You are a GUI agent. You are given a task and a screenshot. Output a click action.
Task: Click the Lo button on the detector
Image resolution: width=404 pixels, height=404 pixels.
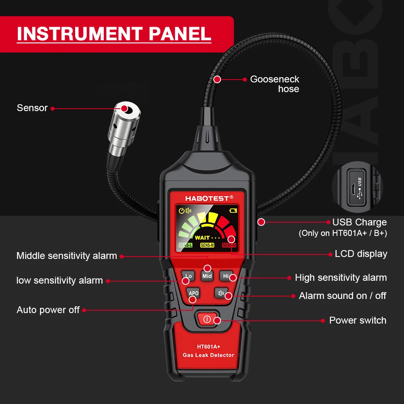pyautogui.click(x=188, y=276)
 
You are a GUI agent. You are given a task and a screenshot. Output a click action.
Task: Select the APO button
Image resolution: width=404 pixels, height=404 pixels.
pyautogui.click(x=194, y=293)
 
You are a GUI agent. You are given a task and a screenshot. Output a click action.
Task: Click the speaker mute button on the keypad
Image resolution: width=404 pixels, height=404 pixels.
pyautogui.click(x=221, y=293)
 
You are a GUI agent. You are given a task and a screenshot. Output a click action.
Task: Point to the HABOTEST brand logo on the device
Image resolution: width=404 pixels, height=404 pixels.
pyautogui.click(x=209, y=198)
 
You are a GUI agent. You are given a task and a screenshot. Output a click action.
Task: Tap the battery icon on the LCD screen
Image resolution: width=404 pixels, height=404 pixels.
pyautogui.click(x=234, y=210)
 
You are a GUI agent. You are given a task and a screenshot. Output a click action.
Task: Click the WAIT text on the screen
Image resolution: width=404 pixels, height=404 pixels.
pyautogui.click(x=202, y=238)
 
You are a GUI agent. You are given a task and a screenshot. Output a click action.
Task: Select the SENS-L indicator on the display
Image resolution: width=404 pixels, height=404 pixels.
pyautogui.click(x=185, y=245)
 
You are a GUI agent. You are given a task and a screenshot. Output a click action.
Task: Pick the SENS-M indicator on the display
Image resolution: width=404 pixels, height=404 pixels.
pyautogui.click(x=207, y=245)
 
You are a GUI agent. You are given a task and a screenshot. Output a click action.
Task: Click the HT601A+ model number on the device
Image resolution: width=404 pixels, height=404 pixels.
pyautogui.click(x=208, y=346)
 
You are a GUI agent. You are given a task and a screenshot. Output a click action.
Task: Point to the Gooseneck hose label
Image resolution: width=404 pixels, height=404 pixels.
pyautogui.click(x=275, y=84)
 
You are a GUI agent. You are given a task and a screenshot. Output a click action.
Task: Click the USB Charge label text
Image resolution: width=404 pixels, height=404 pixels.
pyautogui.click(x=359, y=222)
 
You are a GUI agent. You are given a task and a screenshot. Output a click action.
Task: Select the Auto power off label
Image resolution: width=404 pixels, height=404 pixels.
pyautogui.click(x=48, y=310)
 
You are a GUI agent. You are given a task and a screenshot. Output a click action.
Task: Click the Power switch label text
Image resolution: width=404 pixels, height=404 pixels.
pyautogui.click(x=358, y=320)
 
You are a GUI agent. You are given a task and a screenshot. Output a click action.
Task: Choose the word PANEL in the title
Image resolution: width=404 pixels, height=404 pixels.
pyautogui.click(x=180, y=34)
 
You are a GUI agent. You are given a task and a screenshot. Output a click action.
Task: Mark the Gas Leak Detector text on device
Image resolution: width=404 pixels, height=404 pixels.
pyautogui.click(x=208, y=355)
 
